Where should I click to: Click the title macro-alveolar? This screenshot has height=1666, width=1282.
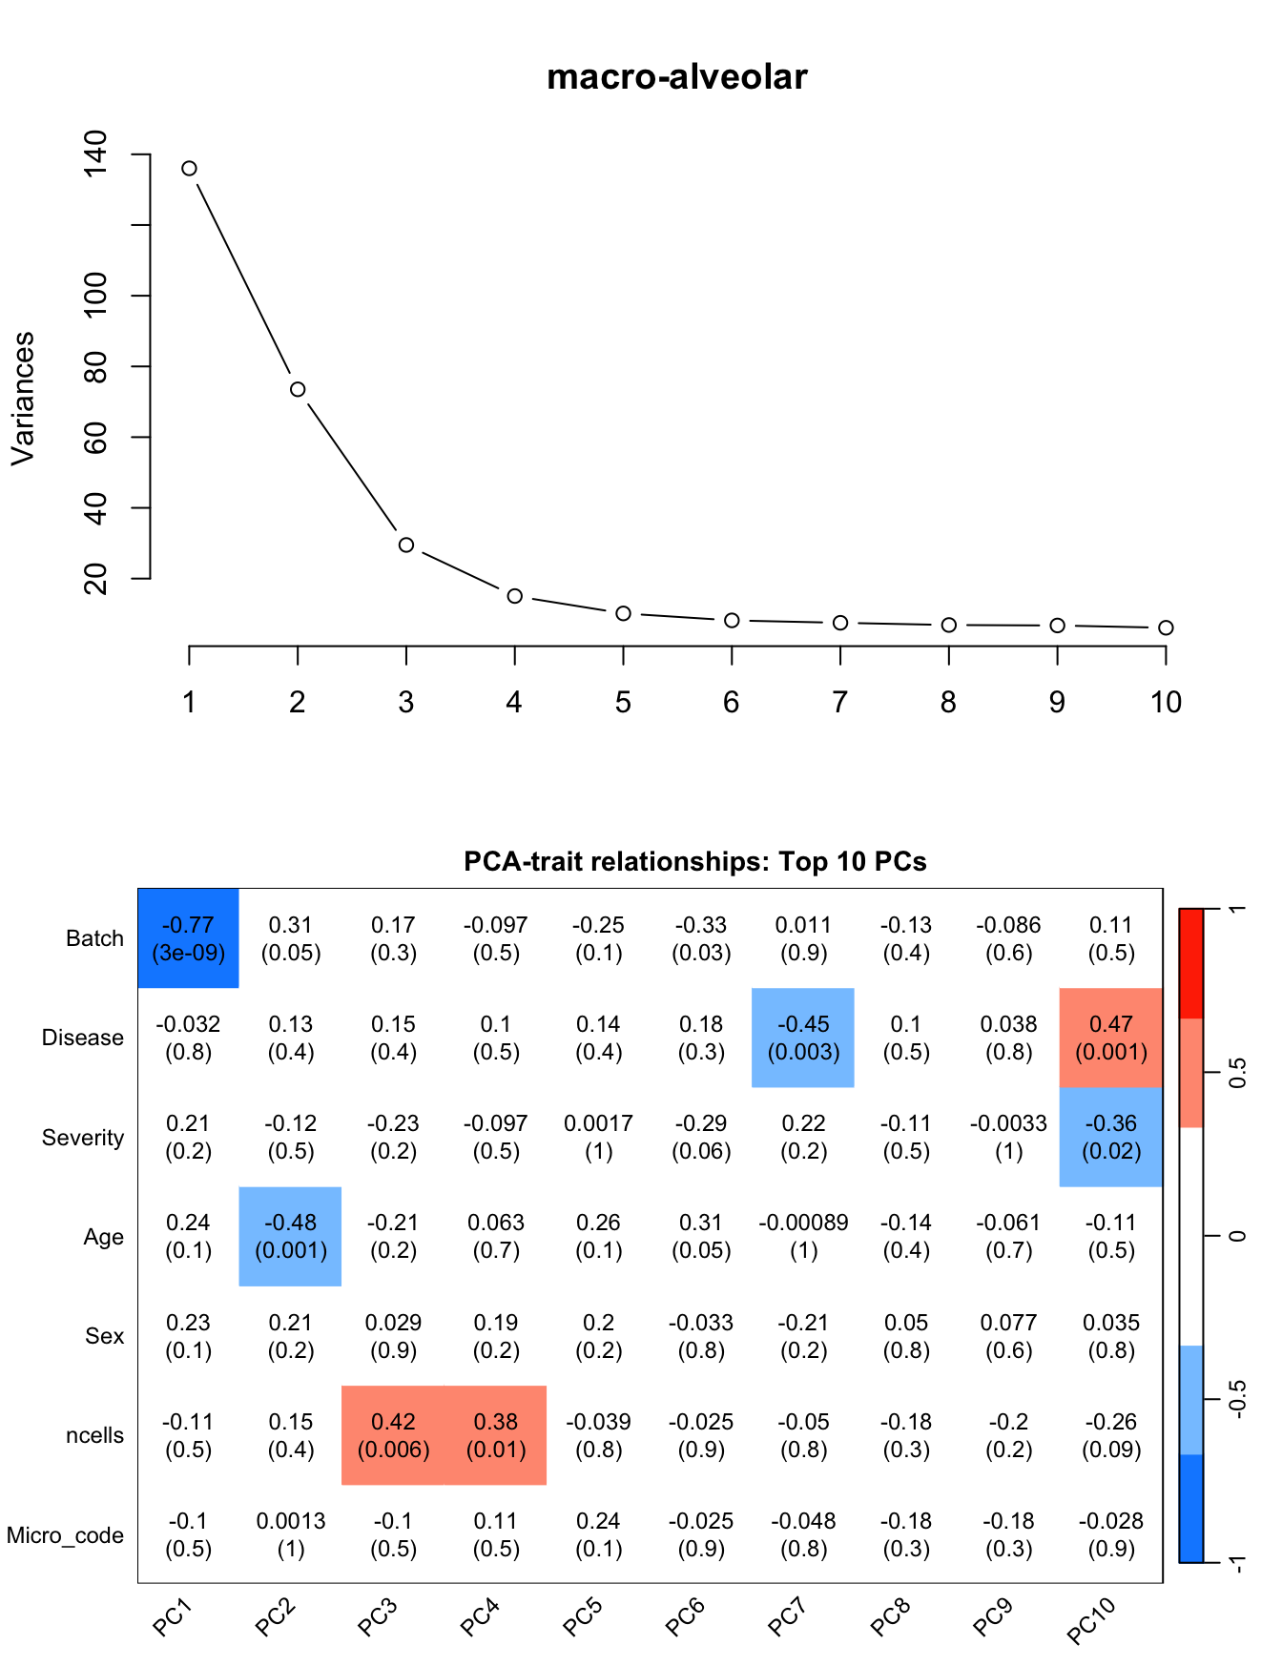[x=676, y=76]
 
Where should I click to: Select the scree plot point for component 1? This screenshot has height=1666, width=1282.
[x=190, y=169]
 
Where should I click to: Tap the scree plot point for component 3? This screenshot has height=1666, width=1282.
[x=406, y=545]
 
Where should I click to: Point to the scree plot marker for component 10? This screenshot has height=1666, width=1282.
[x=1166, y=627]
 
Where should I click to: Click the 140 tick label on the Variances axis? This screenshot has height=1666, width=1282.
[x=96, y=154]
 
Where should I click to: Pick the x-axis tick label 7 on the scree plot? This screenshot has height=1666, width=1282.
[x=839, y=703]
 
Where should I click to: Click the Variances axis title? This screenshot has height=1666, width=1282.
[x=23, y=399]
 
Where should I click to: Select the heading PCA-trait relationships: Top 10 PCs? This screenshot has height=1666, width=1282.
[x=694, y=861]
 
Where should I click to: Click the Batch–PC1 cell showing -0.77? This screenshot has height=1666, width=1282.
[x=189, y=938]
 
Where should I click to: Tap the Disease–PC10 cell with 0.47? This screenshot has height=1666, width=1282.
[x=1111, y=1038]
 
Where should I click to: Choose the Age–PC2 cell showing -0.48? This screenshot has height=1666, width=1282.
[x=291, y=1236]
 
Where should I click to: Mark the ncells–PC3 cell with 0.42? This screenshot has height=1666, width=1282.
[x=393, y=1435]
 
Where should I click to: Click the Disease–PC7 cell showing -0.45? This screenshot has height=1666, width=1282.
[x=803, y=1038]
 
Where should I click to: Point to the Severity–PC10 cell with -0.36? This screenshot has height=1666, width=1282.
[x=1111, y=1137]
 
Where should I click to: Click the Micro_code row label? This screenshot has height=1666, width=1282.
[x=65, y=1535]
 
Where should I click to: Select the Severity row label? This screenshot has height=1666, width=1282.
[x=83, y=1138]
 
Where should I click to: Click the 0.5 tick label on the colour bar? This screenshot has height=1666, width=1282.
[x=1237, y=1073]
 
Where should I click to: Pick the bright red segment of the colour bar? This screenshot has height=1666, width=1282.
[x=1191, y=963]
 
